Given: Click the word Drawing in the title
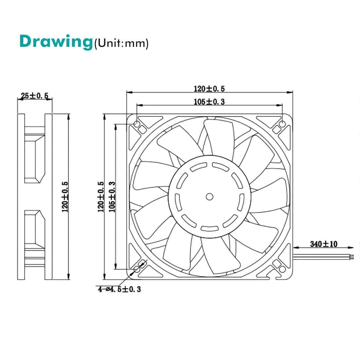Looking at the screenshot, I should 56,42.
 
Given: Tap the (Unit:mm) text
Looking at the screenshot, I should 121,43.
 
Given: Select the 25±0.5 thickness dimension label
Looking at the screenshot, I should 34,96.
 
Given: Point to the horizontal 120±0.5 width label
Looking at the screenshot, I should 209,89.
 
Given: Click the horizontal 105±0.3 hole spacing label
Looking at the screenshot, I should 209,102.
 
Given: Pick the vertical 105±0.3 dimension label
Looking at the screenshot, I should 112,197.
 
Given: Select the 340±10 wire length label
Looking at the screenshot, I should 323,244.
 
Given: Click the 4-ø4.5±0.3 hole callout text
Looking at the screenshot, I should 119,289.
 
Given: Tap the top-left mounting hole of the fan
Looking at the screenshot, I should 137,124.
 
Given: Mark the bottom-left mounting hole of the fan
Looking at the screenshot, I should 137,269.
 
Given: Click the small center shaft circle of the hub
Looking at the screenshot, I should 209,196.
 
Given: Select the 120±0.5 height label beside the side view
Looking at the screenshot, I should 65,197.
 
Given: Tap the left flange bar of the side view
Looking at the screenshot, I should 21,197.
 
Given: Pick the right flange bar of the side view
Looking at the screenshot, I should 48,197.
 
